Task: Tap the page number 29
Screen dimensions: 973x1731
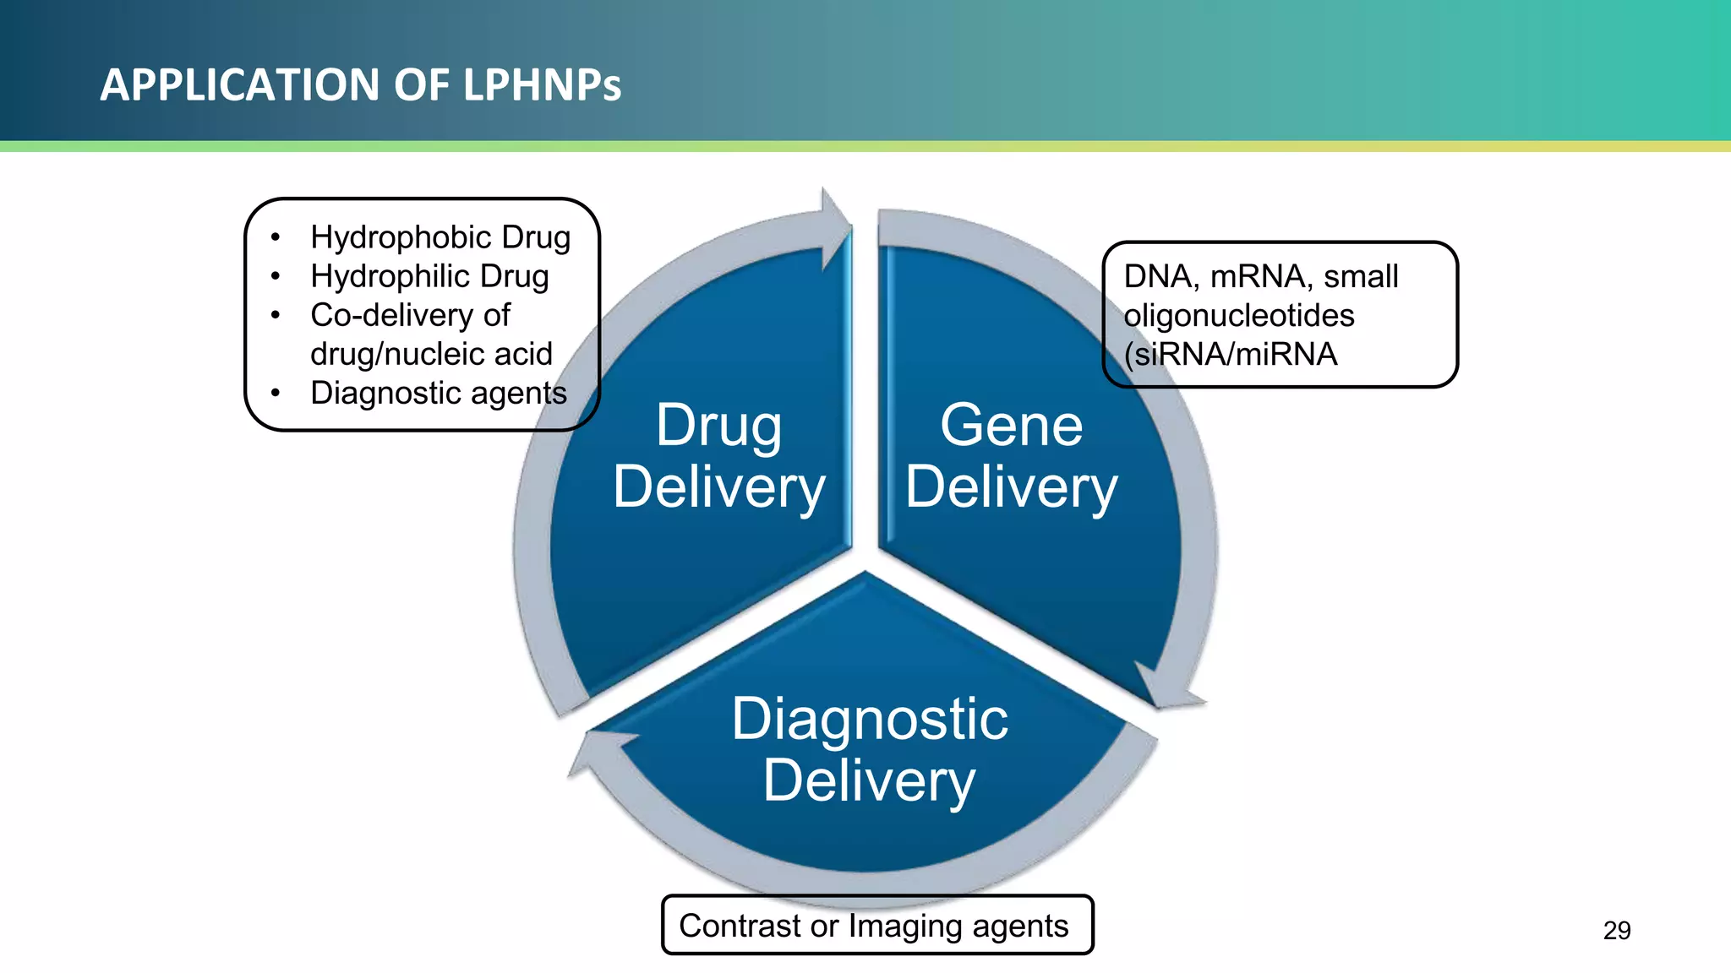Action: tap(1616, 930)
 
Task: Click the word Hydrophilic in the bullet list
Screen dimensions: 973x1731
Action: tap(389, 276)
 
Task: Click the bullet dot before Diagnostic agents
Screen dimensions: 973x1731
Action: tap(276, 394)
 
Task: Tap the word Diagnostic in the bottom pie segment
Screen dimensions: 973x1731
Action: tap(869, 720)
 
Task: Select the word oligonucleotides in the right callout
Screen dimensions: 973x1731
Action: tap(1238, 315)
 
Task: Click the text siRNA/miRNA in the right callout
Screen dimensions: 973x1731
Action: tap(1235, 354)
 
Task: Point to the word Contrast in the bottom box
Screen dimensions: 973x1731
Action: tap(740, 926)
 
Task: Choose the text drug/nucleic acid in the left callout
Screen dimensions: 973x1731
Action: tap(431, 354)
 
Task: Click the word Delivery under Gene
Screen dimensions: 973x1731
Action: tap(1011, 487)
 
